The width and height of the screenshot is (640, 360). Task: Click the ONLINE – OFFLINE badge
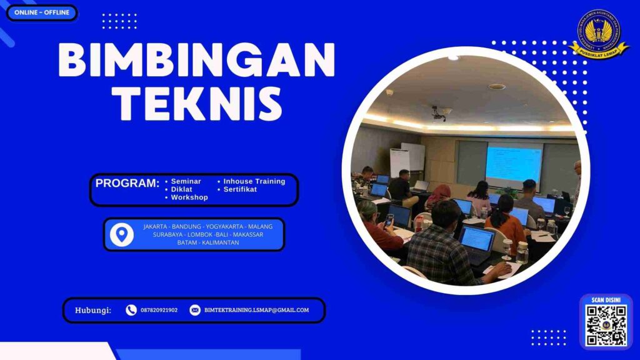(x=41, y=12)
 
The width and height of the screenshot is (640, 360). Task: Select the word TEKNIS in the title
(x=197, y=103)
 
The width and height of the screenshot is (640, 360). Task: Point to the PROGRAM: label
(x=127, y=184)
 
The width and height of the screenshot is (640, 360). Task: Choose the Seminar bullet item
(x=186, y=181)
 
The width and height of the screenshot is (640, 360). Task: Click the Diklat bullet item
(x=181, y=189)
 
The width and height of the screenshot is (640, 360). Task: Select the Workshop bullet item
(x=189, y=197)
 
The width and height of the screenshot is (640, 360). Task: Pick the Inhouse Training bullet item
(x=254, y=181)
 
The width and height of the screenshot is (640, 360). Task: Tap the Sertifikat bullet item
(x=240, y=189)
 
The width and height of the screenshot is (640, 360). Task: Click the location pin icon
(x=122, y=234)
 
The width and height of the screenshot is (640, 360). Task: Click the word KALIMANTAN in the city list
(x=219, y=242)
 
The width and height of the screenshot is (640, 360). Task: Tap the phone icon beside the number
(x=131, y=310)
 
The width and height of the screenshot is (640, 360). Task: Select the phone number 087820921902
(x=159, y=310)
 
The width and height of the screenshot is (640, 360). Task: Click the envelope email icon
(x=195, y=310)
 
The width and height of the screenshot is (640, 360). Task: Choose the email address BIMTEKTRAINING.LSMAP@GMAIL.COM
(x=256, y=310)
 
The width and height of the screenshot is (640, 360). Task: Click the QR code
(x=606, y=326)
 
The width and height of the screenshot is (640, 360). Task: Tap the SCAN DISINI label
(x=606, y=300)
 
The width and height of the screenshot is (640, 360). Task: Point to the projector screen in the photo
(x=514, y=164)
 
